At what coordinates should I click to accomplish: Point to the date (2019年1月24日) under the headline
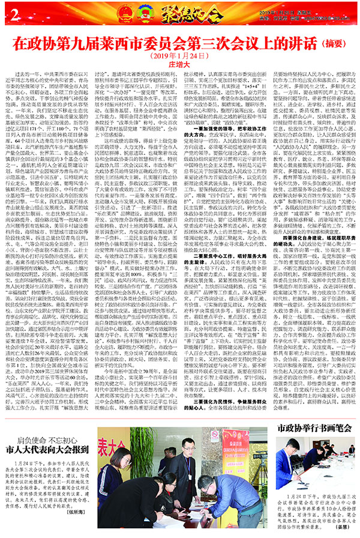(x=179, y=57)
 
